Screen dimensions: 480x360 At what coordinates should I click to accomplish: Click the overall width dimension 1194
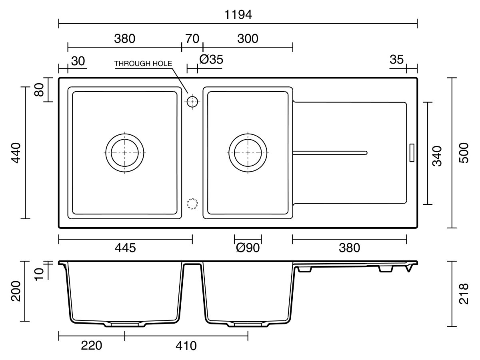tap(238, 15)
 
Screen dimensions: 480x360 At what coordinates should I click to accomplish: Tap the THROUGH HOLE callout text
tap(143, 63)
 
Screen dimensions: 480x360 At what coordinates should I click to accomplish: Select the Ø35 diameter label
tap(211, 59)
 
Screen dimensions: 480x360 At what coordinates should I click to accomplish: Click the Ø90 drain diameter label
tap(248, 248)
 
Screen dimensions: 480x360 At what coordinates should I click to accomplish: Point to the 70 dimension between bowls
tap(192, 39)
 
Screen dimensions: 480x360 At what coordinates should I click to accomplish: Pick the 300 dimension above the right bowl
tap(248, 39)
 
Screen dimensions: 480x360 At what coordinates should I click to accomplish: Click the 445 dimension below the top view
tap(125, 248)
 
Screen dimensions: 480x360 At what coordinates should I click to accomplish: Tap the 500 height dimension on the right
tap(464, 153)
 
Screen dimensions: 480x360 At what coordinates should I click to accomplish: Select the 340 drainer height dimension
tap(437, 156)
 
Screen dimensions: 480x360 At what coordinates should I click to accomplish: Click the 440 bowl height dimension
tap(16, 153)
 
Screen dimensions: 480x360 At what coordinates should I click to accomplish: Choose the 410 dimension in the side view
tap(186, 346)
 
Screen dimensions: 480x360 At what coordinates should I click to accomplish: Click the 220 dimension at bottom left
tap(92, 346)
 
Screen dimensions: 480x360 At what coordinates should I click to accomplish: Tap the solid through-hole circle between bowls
tap(192, 97)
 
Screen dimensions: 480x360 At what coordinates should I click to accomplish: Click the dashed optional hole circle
tap(192, 199)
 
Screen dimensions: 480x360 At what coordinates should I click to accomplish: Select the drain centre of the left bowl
tap(125, 153)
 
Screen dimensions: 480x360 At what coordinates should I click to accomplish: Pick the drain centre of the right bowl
tap(248, 153)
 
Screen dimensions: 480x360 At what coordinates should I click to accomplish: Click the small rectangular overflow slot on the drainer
tap(412, 153)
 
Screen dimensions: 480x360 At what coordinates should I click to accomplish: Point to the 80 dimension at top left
tap(39, 90)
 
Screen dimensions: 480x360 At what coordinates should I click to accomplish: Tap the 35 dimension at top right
tap(396, 60)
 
